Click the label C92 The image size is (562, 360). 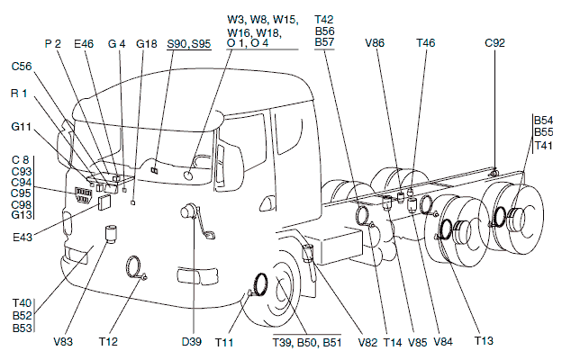[495, 42]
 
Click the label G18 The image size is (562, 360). [147, 42]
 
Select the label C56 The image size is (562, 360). [23, 66]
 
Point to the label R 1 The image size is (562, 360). [20, 94]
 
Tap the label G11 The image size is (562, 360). [22, 127]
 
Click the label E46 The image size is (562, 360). [84, 42]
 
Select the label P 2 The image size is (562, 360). [52, 42]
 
